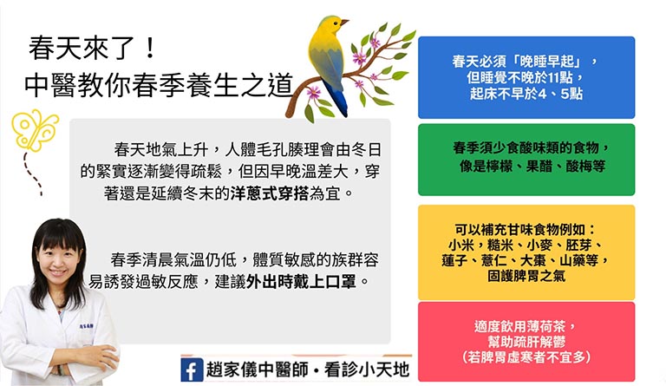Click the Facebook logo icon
tap(192, 370)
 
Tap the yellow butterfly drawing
tap(35, 131)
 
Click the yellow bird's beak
tap(344, 22)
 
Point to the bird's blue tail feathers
tap(336, 99)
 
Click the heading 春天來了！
tap(93, 48)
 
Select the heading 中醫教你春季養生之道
tap(159, 85)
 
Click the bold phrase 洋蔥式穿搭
tap(270, 193)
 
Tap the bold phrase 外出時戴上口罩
tap(301, 282)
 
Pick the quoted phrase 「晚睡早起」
tap(547, 62)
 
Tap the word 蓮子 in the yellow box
tap(454, 260)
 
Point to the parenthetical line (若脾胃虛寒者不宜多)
tap(526, 357)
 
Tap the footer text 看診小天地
tap(368, 370)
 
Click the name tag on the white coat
tap(87, 326)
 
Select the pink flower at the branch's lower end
tap(314, 92)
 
